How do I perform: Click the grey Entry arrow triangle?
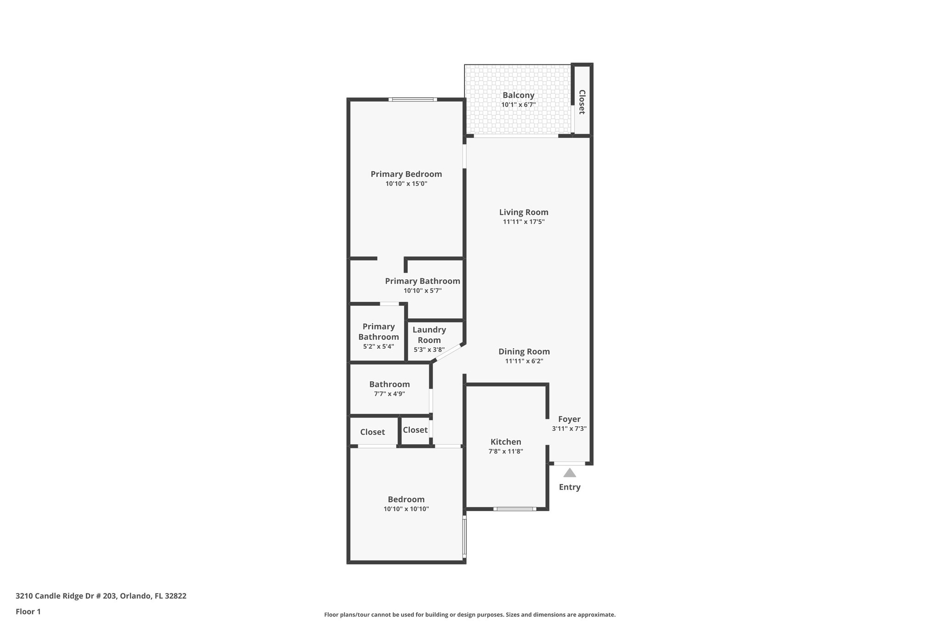click(x=570, y=473)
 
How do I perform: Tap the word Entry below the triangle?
click(x=570, y=487)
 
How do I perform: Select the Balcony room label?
click(x=518, y=96)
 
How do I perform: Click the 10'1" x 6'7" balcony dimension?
click(x=518, y=105)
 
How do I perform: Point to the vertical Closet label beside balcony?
click(x=582, y=102)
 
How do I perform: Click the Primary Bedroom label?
click(x=406, y=174)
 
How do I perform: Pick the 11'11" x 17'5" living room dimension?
click(x=524, y=222)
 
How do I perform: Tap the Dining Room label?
click(x=524, y=352)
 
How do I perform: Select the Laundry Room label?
click(x=429, y=335)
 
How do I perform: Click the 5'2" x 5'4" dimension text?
click(x=378, y=347)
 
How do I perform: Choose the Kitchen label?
click(x=506, y=442)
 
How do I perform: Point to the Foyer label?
click(x=569, y=419)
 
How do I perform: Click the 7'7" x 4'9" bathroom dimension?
click(x=389, y=394)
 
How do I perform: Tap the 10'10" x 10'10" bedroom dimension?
click(x=406, y=509)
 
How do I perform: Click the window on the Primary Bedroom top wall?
click(x=412, y=99)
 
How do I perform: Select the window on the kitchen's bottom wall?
click(x=515, y=509)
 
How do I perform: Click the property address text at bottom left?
click(x=101, y=596)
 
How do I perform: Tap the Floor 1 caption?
click(x=28, y=612)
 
